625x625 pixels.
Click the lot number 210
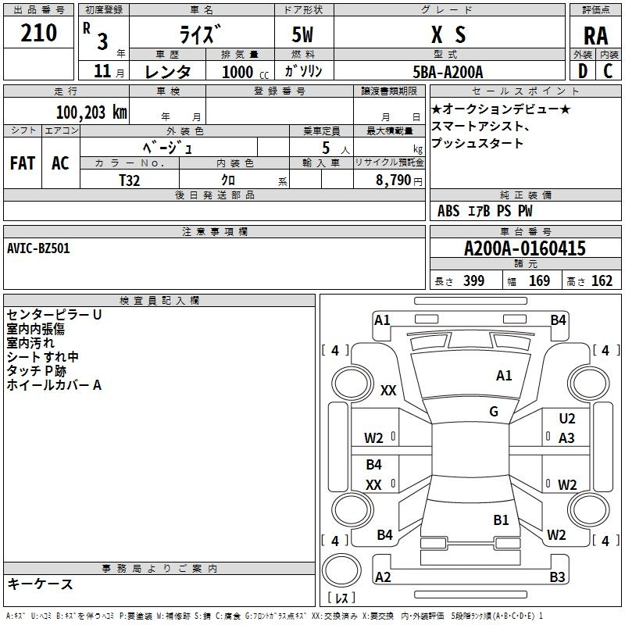pos(38,33)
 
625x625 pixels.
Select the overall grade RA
pos(595,36)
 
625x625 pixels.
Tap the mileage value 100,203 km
pos(91,112)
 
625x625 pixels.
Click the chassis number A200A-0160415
pos(525,248)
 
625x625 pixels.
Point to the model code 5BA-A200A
pos(448,72)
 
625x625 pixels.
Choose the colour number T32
pos(130,180)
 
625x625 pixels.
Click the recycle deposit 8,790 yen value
pos(399,180)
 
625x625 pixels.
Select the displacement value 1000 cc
pos(245,72)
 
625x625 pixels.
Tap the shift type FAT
pos(23,163)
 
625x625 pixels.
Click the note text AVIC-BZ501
pos(38,248)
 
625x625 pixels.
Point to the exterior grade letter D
pos(583,71)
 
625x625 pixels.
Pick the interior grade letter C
pos(608,71)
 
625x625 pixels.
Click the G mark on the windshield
pos(494,412)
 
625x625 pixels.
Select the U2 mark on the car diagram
pos(567,419)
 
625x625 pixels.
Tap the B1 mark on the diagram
pos(501,520)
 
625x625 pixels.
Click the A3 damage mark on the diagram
pos(566,438)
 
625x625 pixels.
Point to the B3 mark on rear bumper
pos(557,577)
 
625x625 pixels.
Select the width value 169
pos(539,280)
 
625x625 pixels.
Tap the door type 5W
pos(302,34)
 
